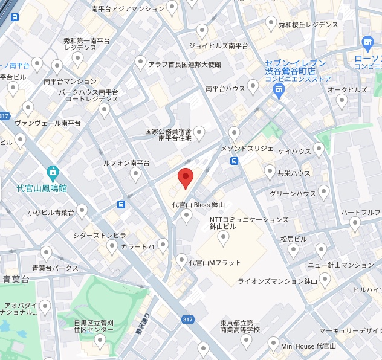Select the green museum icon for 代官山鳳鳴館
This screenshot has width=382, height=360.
click(x=53, y=173)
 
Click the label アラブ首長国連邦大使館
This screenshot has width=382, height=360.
click(x=185, y=64)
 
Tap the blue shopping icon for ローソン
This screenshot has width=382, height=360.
click(x=367, y=42)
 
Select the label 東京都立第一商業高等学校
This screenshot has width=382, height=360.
click(x=240, y=325)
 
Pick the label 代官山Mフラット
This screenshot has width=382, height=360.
click(x=215, y=263)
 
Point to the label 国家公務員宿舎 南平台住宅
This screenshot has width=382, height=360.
click(x=167, y=135)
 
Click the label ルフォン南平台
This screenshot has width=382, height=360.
click(x=126, y=163)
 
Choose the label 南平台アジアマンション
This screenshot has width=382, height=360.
click(x=128, y=9)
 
